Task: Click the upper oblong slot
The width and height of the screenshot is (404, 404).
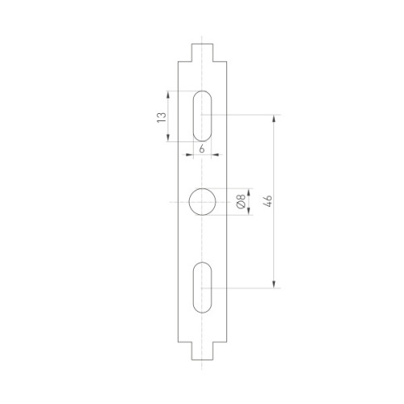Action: tap(202, 116)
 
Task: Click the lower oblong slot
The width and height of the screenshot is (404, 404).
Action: tap(202, 286)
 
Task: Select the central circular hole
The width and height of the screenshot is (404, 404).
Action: tap(202, 201)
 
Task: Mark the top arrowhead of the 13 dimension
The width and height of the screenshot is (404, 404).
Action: tap(169, 94)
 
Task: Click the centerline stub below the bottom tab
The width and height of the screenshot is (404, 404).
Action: tap(202, 366)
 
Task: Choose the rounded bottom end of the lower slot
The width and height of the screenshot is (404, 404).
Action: tap(202, 307)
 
